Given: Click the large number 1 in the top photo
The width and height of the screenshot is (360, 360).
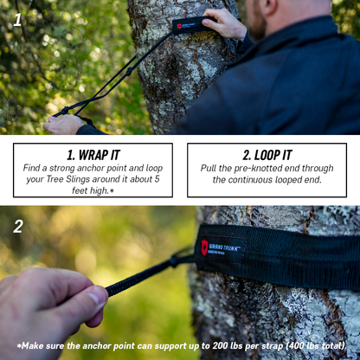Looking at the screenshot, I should (17, 19).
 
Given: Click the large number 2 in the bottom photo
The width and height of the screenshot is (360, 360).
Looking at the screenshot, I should (18, 227).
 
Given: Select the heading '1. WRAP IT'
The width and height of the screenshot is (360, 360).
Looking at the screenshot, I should (93, 155).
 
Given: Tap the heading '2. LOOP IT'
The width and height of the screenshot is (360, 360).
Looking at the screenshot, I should (267, 155).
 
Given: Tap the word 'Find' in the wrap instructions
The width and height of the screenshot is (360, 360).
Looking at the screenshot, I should (34, 168).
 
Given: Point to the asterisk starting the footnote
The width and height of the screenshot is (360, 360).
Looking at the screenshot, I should (20, 345).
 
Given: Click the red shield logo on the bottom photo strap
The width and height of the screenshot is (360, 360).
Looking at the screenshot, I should (205, 247).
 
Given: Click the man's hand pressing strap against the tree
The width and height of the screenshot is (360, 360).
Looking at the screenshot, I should (224, 23).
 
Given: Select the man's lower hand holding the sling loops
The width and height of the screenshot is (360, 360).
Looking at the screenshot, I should (66, 124).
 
